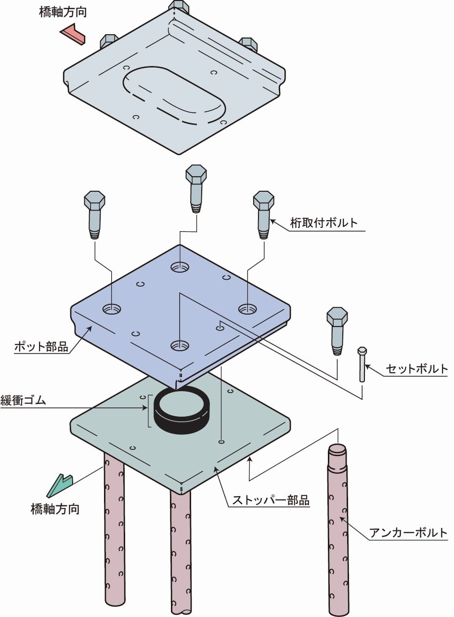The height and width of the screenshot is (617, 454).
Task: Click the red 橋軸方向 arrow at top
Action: click(x=73, y=34)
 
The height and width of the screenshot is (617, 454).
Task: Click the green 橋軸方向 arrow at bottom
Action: click(x=60, y=486)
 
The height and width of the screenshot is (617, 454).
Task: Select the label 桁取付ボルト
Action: click(x=324, y=223)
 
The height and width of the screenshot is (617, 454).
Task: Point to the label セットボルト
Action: click(x=417, y=369)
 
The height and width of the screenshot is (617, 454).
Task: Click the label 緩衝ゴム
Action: click(x=24, y=400)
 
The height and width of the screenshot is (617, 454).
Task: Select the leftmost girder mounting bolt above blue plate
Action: click(x=95, y=214)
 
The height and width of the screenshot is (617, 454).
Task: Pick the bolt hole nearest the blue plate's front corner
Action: click(x=179, y=345)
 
